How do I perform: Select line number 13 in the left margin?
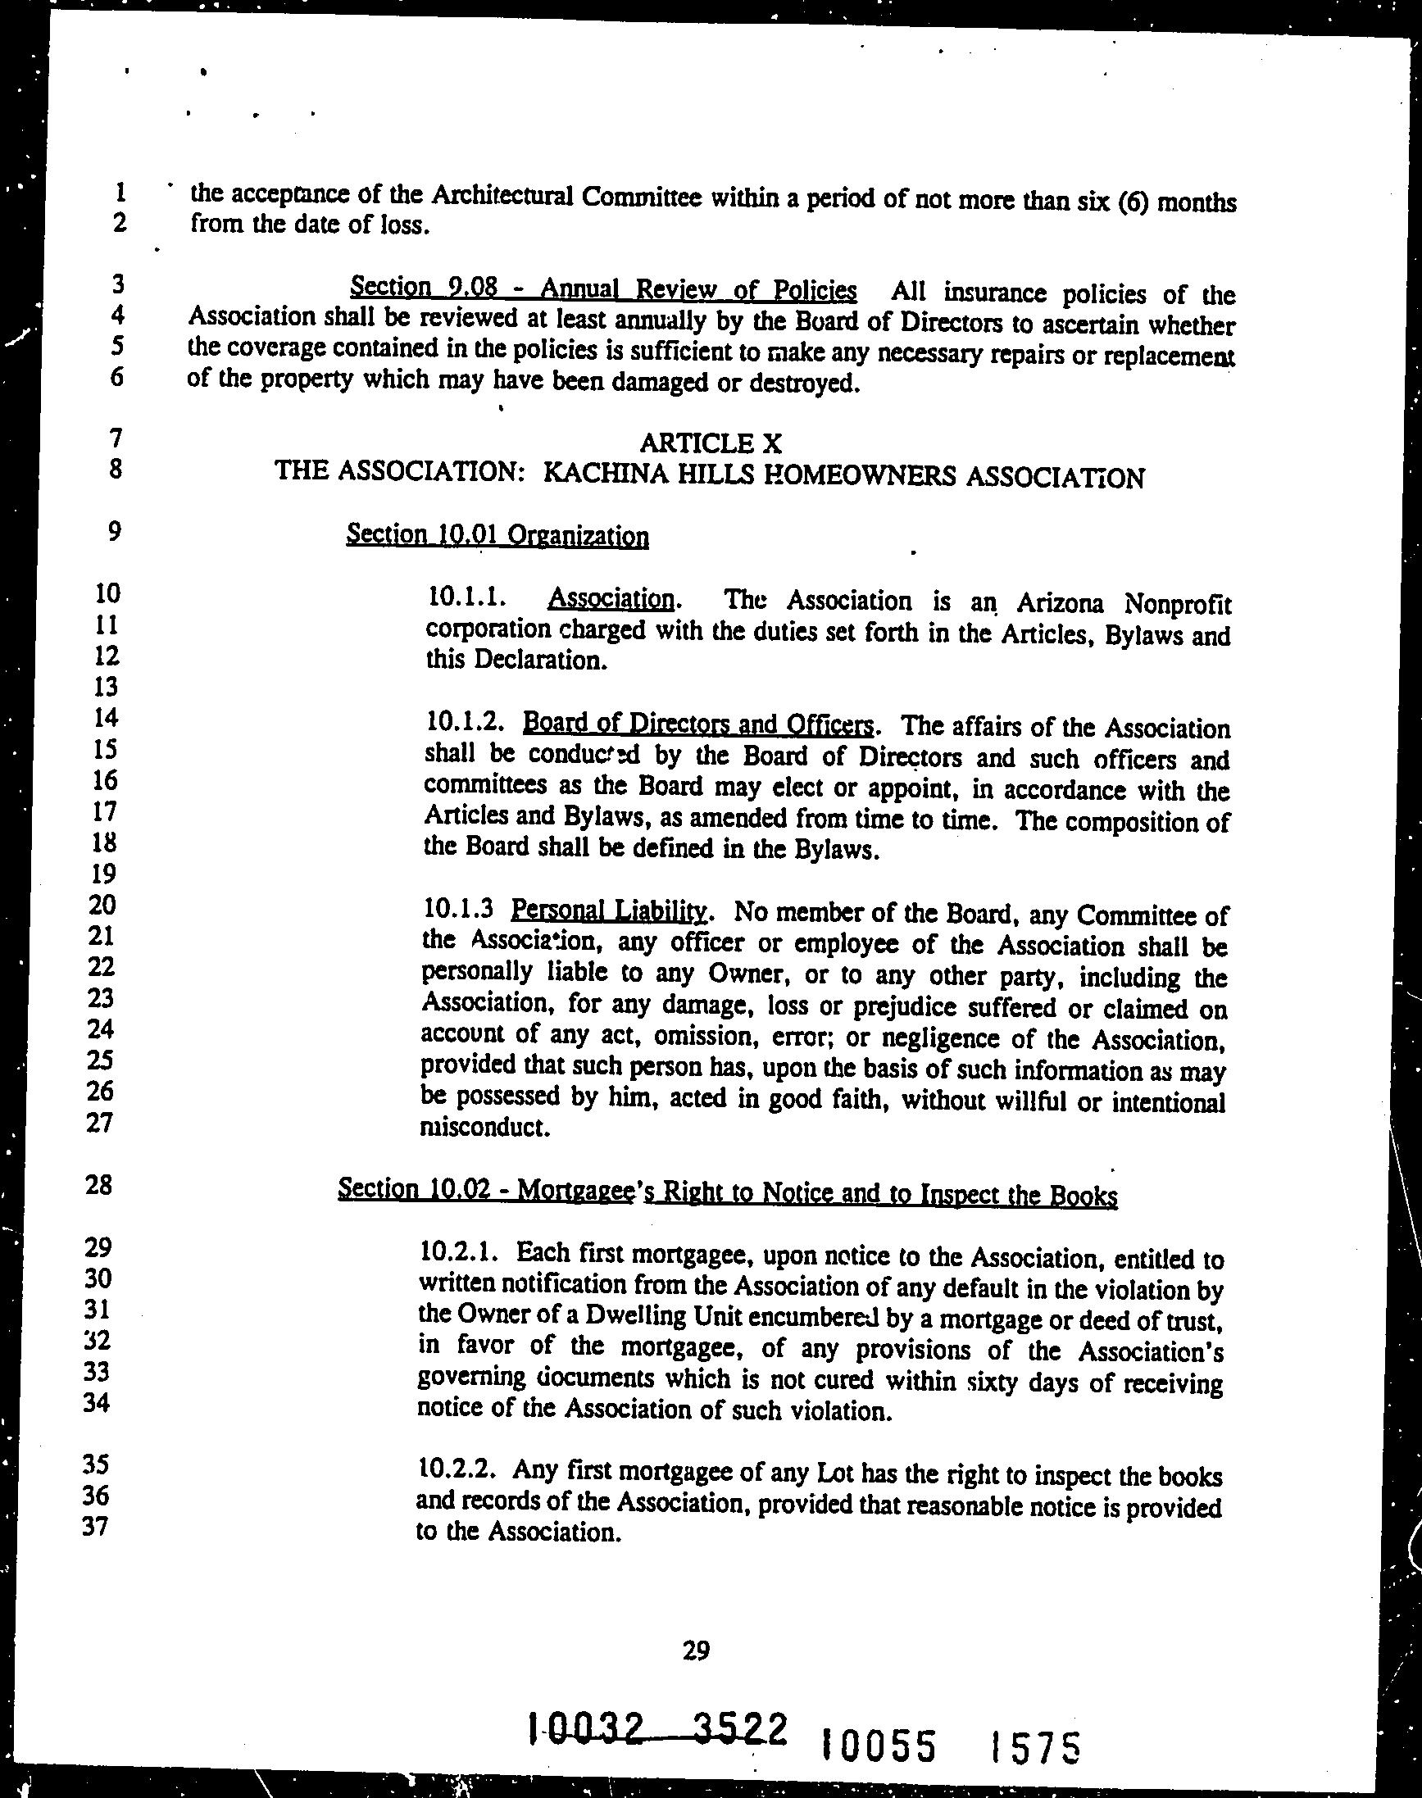coord(106,687)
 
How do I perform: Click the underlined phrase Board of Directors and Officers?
coord(697,724)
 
